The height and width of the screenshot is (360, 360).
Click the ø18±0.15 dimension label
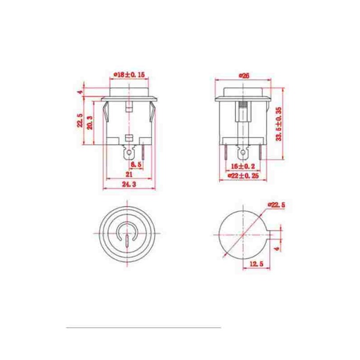tap(130, 75)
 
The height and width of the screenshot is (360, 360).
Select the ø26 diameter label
tap(244, 76)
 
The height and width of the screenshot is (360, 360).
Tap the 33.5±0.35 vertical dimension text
tap(279, 124)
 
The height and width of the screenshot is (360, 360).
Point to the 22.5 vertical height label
tap(80, 120)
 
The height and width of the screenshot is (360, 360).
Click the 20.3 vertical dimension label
tap(90, 122)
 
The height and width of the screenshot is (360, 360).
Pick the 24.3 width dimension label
tap(129, 184)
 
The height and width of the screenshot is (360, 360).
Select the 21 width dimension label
tap(129, 175)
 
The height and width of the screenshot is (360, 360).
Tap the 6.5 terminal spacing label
tap(136, 164)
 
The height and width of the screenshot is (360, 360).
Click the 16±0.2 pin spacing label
tap(243, 166)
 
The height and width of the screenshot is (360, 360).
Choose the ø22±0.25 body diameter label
tap(243, 176)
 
